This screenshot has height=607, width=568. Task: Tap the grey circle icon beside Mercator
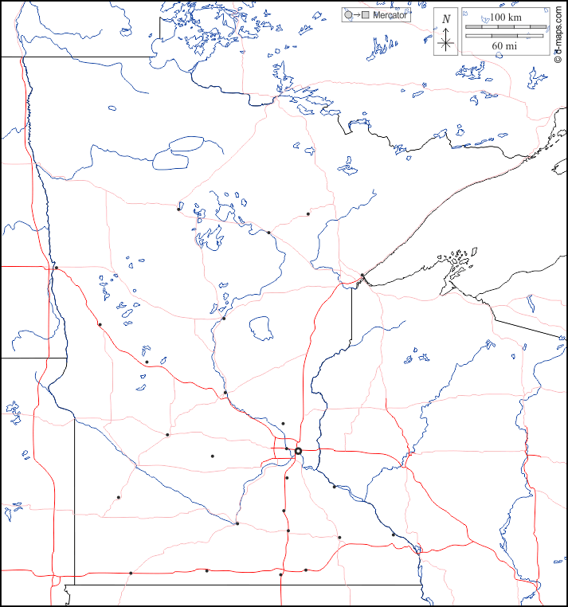pos(348,15)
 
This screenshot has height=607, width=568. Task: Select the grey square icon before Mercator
pos(366,15)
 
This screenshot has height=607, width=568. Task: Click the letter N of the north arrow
pos(446,18)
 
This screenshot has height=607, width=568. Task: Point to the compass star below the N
pos(446,43)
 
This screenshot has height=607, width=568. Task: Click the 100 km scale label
pos(504,17)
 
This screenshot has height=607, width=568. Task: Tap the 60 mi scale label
pos(504,46)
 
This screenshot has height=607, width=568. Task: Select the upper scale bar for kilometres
pos(505,27)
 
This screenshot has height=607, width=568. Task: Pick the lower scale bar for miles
pos(505,36)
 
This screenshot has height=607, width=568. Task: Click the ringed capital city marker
pos(298,451)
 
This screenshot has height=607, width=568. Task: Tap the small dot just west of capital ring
pos(287,449)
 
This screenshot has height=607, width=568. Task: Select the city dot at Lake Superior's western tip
pos(362,276)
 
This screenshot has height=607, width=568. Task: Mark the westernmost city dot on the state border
pos(56,267)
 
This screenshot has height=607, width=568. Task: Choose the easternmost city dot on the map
pos(393,534)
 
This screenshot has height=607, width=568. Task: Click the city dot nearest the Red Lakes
pos(178,210)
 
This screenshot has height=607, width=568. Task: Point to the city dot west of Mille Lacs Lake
pos(224,319)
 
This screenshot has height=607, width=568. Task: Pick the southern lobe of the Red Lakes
pos(172,159)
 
